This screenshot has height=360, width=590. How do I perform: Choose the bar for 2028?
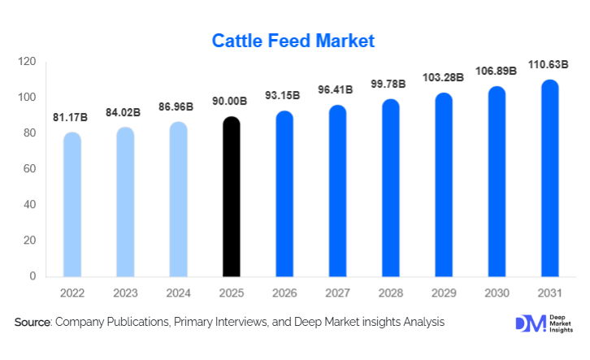click(x=391, y=188)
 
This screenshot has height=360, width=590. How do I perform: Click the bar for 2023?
click(x=125, y=202)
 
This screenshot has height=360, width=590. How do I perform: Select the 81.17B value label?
click(x=72, y=119)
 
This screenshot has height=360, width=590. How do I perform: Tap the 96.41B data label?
click(x=338, y=91)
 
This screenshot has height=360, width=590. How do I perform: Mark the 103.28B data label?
click(x=444, y=78)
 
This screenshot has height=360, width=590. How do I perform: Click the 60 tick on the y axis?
click(x=30, y=169)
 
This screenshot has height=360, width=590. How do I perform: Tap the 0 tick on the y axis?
click(x=33, y=276)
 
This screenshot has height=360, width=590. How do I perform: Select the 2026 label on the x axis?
click(x=284, y=293)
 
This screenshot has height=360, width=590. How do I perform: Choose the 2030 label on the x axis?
click(x=497, y=293)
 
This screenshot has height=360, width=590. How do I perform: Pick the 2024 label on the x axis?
click(x=178, y=293)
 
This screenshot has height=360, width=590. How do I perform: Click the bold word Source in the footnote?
click(x=33, y=323)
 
